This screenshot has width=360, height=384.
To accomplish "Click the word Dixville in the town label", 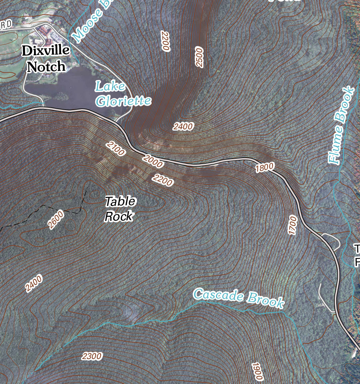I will pos(46,51).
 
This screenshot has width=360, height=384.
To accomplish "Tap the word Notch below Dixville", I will pos(46,67).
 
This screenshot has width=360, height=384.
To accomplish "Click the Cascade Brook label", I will pos(239,298).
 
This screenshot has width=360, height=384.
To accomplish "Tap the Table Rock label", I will pos(120,209).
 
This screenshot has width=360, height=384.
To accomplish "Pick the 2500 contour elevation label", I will pos(199,57).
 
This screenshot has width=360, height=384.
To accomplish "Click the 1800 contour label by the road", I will pos(265,167).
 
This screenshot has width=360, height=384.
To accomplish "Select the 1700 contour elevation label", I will pos(292,225).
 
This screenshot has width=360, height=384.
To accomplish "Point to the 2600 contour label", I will pos(56,220).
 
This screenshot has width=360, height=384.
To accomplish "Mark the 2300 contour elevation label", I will pos(92,356).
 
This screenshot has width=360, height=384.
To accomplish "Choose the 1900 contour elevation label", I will pos(257,371).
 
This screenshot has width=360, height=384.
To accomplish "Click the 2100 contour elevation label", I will pos(116,149).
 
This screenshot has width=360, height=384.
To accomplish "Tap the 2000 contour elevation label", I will pos(153,161).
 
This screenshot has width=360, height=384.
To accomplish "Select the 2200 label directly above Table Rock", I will pos(163,180).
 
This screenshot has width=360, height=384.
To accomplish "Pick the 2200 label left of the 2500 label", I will pos(165,41).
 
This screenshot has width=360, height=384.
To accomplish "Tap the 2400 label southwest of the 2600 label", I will pos(34,283).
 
